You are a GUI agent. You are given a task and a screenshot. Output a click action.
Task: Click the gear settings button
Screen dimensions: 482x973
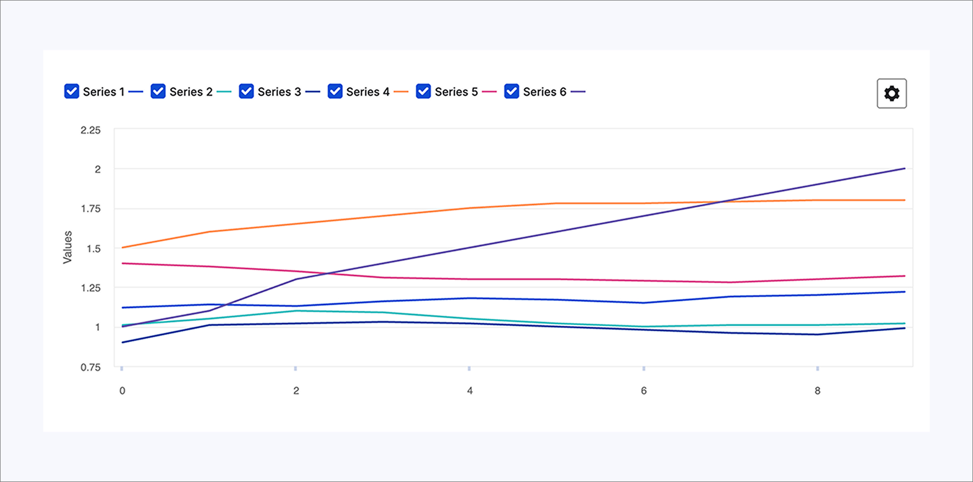(x=891, y=93)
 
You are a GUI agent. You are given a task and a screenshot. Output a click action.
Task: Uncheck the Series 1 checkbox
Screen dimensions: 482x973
(x=71, y=91)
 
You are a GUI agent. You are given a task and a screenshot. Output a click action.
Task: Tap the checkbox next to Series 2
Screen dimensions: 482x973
(x=158, y=91)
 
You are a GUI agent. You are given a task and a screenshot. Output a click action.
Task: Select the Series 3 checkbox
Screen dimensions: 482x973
(x=246, y=91)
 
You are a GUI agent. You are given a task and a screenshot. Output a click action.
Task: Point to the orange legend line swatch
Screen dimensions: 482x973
(x=401, y=92)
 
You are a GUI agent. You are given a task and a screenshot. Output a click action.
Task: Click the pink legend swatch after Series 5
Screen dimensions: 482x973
(x=489, y=92)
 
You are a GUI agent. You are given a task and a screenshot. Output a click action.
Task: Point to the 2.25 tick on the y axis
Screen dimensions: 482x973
(x=91, y=130)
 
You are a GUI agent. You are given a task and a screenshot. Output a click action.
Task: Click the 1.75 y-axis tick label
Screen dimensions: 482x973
(x=91, y=209)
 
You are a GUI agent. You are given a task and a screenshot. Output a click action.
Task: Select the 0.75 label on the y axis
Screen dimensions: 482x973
(x=91, y=367)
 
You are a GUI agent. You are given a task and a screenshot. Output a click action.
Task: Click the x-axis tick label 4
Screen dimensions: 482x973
(x=469, y=391)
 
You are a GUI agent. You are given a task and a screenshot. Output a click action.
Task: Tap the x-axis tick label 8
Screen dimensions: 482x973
(x=817, y=391)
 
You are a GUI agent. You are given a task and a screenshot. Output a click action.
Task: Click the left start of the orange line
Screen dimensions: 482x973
(x=122, y=248)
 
